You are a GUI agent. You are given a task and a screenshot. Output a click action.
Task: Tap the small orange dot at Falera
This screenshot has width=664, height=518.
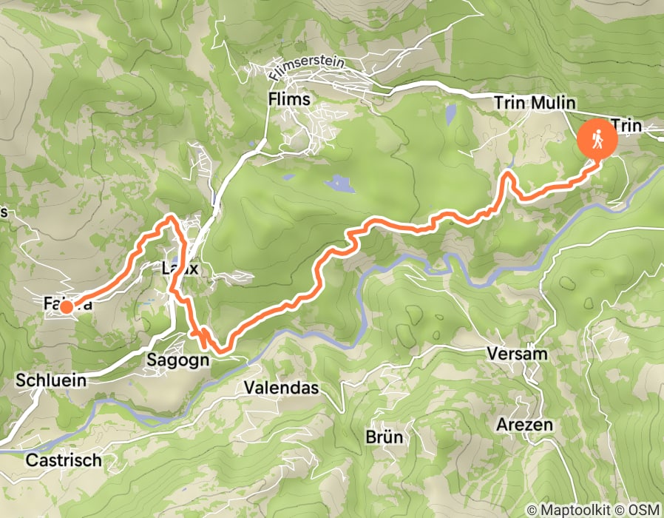[66, 306]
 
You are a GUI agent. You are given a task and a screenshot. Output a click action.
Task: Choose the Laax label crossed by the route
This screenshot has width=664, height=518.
[180, 269]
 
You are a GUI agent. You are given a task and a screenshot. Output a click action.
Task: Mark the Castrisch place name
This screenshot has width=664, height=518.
[63, 460]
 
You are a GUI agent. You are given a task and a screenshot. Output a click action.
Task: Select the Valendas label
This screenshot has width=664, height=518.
[281, 388]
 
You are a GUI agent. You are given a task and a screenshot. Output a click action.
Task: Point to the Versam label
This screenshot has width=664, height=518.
[517, 354]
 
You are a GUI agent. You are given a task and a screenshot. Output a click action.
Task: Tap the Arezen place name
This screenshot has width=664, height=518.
[524, 425]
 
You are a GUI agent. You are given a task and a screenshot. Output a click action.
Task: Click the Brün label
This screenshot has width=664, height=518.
[384, 437]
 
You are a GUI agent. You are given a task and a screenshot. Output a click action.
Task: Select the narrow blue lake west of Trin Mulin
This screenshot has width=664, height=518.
[450, 115]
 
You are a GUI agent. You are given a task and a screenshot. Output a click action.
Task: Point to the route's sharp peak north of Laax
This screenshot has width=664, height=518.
[172, 216]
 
